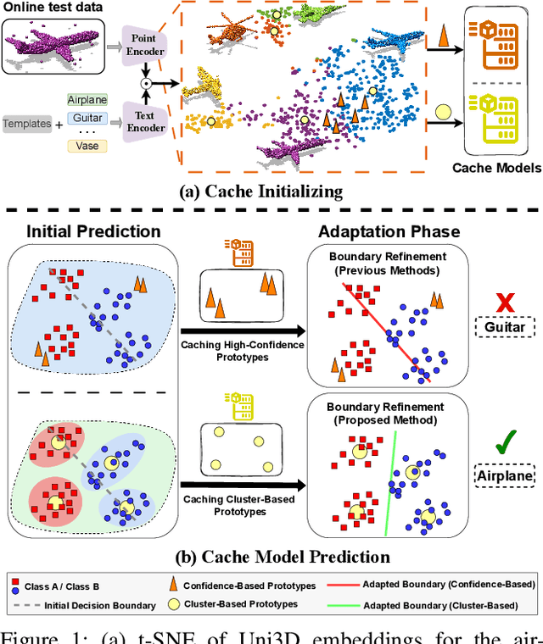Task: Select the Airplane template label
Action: (x=88, y=100)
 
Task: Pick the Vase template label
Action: (x=88, y=147)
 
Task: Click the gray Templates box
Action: (x=26, y=124)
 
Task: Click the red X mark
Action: (x=506, y=303)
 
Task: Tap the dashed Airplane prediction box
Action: (x=506, y=476)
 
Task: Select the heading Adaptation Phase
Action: (x=389, y=230)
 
